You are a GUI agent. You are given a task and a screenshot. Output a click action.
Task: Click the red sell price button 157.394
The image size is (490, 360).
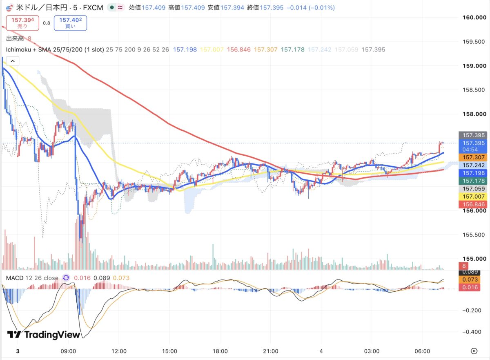pyautogui.click(x=22, y=23)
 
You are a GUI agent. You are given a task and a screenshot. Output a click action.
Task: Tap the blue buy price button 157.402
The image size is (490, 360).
pyautogui.click(x=70, y=23)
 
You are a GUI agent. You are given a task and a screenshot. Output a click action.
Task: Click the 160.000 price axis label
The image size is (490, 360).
pyautogui.click(x=474, y=18)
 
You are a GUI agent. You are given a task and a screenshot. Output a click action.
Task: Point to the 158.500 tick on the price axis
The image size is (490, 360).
pyautogui.click(x=474, y=90)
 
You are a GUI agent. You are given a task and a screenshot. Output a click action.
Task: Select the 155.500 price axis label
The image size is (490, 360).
pyautogui.click(x=474, y=235)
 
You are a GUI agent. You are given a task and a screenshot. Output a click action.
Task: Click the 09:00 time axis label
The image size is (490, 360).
pyautogui.click(x=68, y=351)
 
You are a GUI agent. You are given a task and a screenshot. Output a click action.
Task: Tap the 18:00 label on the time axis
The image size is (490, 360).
pyautogui.click(x=220, y=351)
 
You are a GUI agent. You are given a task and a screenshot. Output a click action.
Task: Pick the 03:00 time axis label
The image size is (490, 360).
pyautogui.click(x=372, y=351)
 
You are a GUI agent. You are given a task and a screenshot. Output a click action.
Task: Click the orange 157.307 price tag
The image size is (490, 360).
pyautogui.click(x=473, y=157)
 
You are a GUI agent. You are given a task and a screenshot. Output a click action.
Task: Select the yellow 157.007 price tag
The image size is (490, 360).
pyautogui.click(x=473, y=197)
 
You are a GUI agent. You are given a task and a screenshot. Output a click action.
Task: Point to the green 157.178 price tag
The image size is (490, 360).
pyautogui.click(x=473, y=181)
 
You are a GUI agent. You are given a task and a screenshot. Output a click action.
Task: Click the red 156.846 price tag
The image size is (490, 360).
pyautogui.click(x=473, y=204)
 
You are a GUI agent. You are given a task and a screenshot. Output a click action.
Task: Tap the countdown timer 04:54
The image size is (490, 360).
pyautogui.click(x=470, y=150)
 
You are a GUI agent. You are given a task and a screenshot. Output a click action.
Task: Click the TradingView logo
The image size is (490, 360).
pyautogui.click(x=44, y=335)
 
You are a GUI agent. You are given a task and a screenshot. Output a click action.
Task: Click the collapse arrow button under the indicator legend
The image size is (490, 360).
pyautogui.click(x=13, y=61)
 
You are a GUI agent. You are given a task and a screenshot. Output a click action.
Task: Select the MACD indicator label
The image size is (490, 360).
pyautogui.click(x=15, y=278)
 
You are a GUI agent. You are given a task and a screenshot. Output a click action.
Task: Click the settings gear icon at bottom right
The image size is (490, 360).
pyautogui.click(x=474, y=351)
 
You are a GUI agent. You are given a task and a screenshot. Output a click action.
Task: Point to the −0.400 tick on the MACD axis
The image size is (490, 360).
pyautogui.click(x=472, y=332)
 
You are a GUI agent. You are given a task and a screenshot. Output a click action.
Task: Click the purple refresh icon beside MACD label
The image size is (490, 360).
pyautogui.click(x=66, y=278)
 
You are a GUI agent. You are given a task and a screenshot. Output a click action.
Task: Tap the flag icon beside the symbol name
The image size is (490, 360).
pyautogui.click(x=9, y=8)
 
